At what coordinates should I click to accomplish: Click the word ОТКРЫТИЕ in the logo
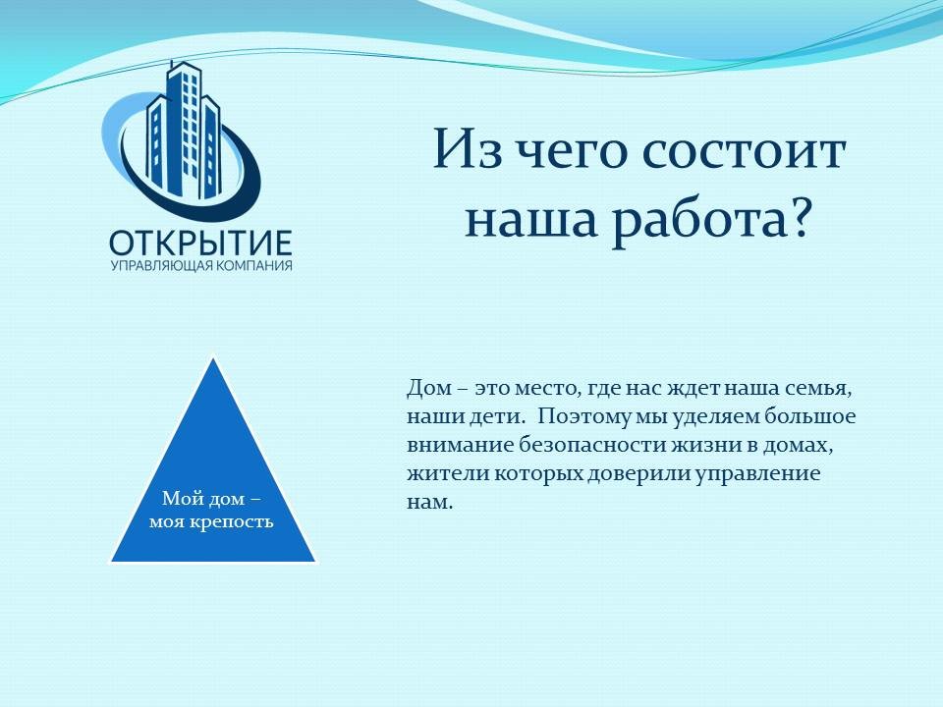200,243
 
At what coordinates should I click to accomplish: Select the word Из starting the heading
468,147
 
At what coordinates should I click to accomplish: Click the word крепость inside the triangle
232,521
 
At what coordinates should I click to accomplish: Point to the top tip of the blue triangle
213,357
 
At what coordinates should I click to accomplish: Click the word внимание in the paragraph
460,446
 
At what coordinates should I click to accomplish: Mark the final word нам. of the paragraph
429,503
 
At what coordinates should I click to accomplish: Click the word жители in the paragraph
448,474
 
